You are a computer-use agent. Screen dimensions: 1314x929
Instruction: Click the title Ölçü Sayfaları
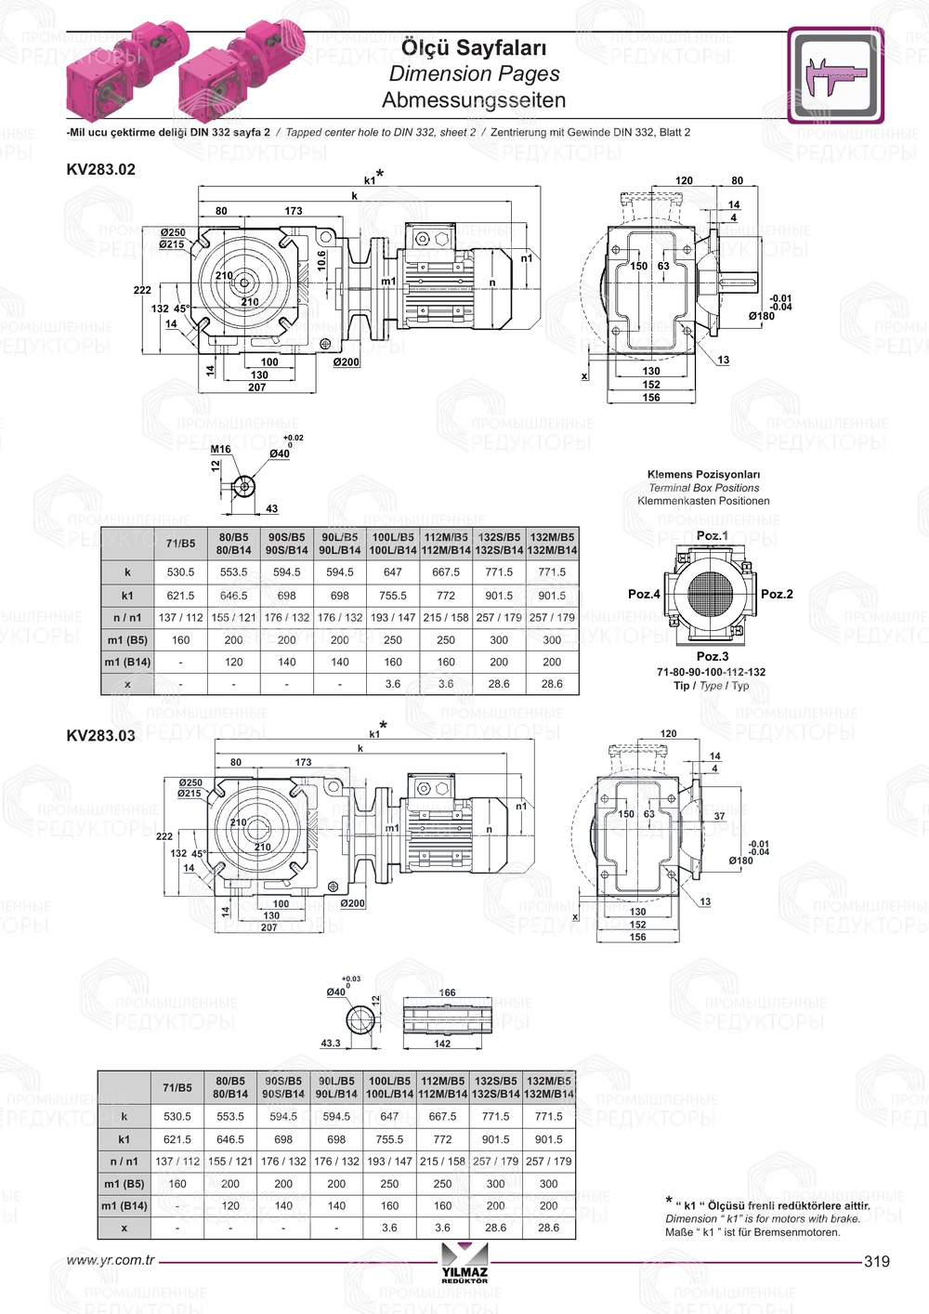tap(473, 47)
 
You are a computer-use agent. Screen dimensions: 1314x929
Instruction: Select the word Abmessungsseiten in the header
tap(473, 100)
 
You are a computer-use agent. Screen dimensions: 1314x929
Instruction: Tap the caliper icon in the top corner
tap(835, 75)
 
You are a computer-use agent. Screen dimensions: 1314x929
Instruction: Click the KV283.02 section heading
tap(100, 169)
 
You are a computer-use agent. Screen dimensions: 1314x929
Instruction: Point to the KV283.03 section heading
tap(100, 736)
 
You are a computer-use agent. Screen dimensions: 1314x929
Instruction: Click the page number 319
tap(876, 1261)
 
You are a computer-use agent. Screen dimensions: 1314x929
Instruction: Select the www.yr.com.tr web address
tap(111, 1261)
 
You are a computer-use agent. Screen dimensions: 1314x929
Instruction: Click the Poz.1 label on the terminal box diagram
tap(713, 536)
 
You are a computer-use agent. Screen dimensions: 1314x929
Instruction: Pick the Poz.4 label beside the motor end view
tap(644, 594)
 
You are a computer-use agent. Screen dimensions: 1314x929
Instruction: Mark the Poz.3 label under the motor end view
tap(713, 656)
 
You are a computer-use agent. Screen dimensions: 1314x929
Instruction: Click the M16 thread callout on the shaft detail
tap(220, 449)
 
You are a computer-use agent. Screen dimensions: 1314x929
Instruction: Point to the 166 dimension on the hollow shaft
tap(447, 992)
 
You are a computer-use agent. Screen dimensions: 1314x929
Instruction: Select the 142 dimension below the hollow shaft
tap(442, 1044)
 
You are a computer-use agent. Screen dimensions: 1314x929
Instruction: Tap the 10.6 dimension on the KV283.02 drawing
tap(321, 261)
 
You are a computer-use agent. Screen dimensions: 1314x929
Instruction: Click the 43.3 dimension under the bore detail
tap(331, 1044)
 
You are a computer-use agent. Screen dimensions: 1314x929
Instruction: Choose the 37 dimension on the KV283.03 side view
tap(719, 816)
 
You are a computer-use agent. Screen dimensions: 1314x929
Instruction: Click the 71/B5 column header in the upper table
tap(180, 544)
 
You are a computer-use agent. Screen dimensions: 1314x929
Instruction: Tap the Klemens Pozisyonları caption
tap(703, 475)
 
